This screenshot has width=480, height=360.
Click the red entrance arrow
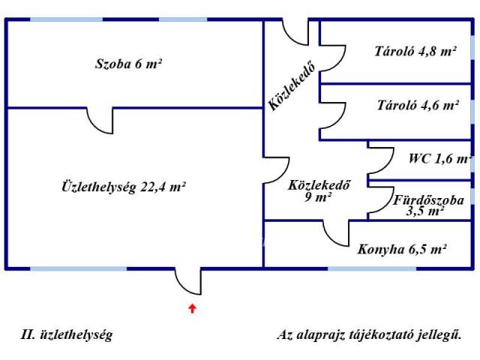click(x=193, y=307)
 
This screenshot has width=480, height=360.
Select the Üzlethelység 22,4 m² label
click(x=123, y=187)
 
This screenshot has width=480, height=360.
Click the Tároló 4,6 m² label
click(x=417, y=106)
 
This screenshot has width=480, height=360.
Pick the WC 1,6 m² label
click(x=439, y=159)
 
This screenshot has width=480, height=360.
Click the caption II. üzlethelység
click(x=67, y=335)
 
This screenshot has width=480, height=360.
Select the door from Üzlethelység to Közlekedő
click(x=276, y=172)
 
